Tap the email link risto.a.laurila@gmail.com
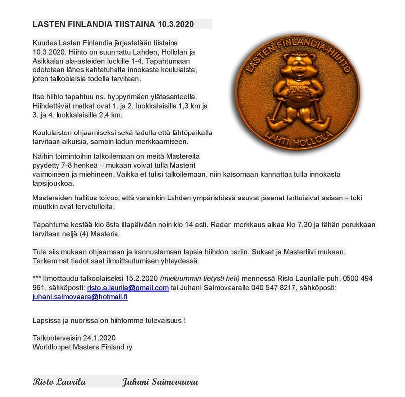tap(127, 288)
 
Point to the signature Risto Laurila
tap(59, 382)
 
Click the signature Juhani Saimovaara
tap(161, 382)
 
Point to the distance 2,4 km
tap(110, 115)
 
